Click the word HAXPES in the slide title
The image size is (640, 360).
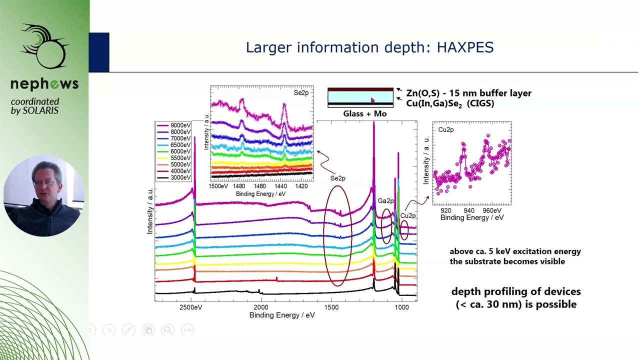pos(465,47)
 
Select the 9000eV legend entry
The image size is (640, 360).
pos(180,125)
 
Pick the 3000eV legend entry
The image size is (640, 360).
pos(180,177)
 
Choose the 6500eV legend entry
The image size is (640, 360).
pos(180,145)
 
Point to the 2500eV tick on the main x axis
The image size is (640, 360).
pos(191,307)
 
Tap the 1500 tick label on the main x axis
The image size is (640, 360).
pos(331,307)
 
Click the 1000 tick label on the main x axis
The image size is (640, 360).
pos(401,307)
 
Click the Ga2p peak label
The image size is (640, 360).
pos(385,201)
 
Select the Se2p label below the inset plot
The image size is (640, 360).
pos(337,178)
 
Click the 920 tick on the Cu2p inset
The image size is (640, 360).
pos(445,210)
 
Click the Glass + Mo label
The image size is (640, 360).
pos(364,114)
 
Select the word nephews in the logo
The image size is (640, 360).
pos(44,83)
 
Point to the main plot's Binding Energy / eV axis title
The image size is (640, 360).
pos(282,315)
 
